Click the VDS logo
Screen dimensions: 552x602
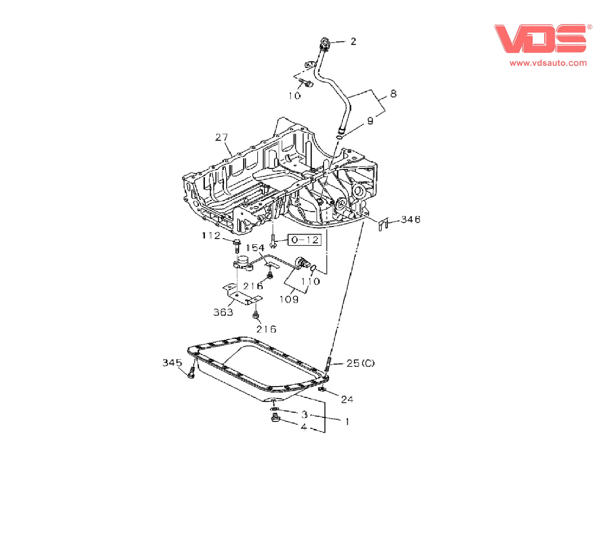click(x=540, y=39)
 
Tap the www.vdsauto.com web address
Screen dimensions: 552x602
click(x=548, y=63)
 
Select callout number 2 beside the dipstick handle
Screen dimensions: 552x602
click(x=353, y=41)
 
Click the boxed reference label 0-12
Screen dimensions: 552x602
click(x=305, y=240)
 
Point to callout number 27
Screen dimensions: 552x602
click(x=221, y=137)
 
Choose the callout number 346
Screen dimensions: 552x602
click(x=410, y=219)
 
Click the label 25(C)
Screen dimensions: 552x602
click(x=360, y=363)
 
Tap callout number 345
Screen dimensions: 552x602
click(x=172, y=362)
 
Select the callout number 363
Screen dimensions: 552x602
click(x=223, y=312)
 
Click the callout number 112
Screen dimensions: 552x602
click(x=211, y=235)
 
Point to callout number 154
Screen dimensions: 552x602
click(x=255, y=248)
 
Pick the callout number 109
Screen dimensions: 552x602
click(x=289, y=299)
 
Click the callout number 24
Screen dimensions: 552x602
click(x=347, y=399)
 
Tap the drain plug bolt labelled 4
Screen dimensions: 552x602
click(x=275, y=419)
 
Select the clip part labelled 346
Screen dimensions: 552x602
click(x=383, y=224)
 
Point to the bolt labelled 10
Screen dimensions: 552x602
click(x=307, y=84)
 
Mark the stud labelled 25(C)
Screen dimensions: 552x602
click(x=328, y=364)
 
